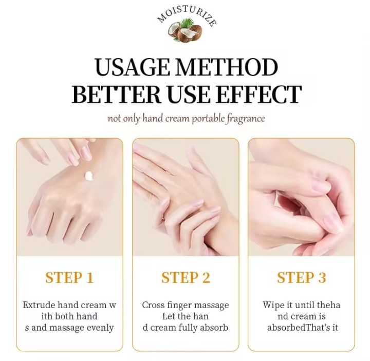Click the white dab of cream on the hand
(x=90, y=176)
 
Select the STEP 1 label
(x=69, y=278)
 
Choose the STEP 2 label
(x=186, y=278)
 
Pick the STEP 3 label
(x=301, y=278)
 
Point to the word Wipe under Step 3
(x=274, y=305)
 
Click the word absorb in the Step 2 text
(x=214, y=328)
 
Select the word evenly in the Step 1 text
(x=99, y=328)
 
